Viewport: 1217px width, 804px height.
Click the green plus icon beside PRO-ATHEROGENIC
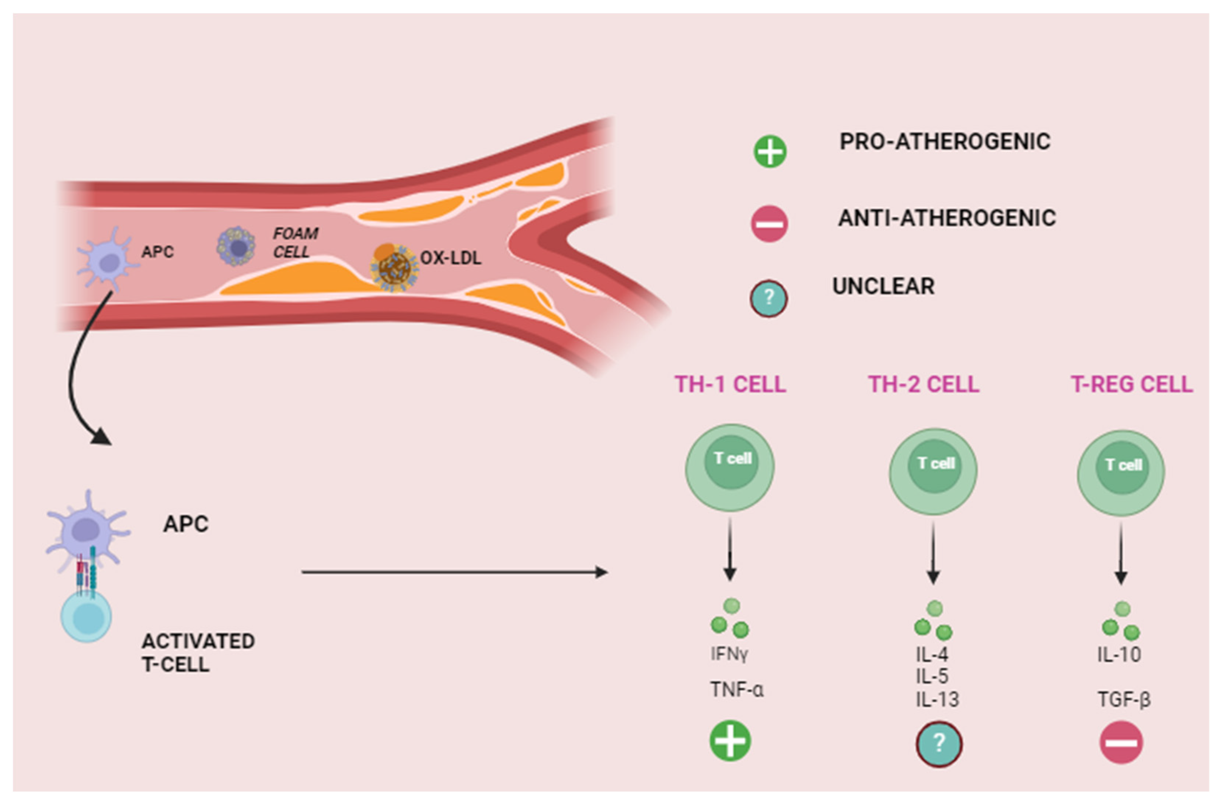[x=769, y=151]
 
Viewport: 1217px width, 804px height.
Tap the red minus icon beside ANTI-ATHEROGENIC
[x=769, y=224]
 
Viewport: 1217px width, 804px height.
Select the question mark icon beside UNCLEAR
[x=768, y=298]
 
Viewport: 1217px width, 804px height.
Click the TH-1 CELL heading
[x=730, y=385]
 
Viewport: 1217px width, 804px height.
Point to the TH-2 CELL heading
[x=923, y=385]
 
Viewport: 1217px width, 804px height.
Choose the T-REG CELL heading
[x=1131, y=385]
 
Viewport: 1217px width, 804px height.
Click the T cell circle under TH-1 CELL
[x=730, y=467]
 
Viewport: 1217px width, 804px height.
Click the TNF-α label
[x=736, y=690]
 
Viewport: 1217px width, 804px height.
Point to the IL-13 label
[x=937, y=699]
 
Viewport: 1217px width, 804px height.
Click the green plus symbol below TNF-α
[x=730, y=741]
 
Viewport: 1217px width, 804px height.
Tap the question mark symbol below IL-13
[x=938, y=744]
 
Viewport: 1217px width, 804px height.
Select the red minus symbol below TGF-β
[x=1121, y=742]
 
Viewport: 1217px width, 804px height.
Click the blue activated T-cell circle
[x=86, y=617]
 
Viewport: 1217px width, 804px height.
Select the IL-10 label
[x=1119, y=655]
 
